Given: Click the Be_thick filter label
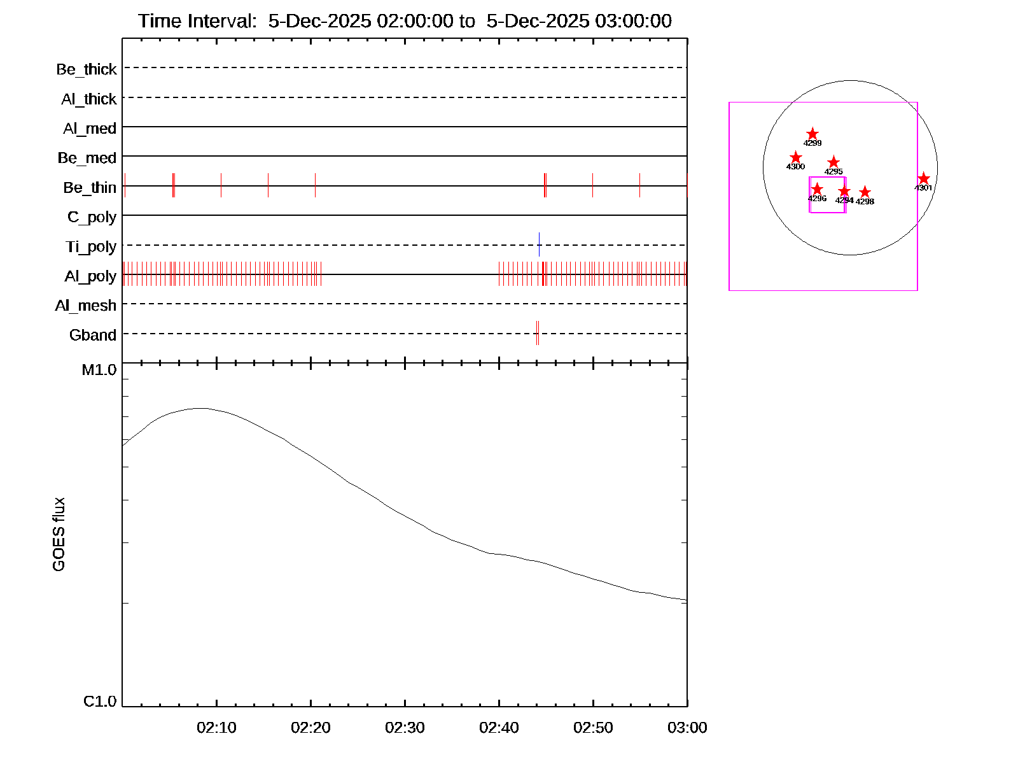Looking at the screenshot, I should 87,69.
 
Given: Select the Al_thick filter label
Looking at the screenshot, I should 89,99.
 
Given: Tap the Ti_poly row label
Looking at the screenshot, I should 91,247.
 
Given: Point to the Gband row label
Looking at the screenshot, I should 93,336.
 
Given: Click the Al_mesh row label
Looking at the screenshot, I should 86,306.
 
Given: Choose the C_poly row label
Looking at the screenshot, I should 92,218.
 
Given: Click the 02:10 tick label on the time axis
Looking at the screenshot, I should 216,728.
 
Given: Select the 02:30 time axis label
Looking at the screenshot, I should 405,728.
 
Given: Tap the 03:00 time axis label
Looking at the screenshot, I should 687,728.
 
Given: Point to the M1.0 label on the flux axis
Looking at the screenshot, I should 99,370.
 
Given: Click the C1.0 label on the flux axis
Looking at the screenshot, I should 100,702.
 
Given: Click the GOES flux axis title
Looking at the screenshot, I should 59,535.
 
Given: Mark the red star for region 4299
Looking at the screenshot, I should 812,134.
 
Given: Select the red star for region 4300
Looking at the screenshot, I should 795,158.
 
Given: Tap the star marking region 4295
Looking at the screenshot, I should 833,162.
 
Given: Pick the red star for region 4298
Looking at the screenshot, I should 865,192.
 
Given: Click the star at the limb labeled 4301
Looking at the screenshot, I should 924,179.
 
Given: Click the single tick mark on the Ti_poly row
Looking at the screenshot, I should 539,244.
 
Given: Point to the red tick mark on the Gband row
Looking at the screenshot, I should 538,333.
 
